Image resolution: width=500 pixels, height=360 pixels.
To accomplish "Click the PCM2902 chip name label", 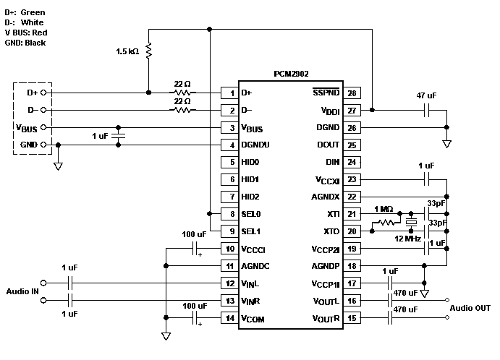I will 295,74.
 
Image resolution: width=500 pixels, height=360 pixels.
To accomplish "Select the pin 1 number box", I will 230,93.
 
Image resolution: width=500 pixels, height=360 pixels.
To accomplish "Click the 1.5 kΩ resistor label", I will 128,52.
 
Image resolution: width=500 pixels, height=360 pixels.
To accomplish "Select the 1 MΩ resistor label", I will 384,210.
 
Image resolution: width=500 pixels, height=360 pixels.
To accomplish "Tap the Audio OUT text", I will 470,308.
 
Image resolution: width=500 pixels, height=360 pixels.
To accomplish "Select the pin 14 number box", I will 230,318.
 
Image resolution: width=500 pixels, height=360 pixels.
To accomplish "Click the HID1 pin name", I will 250,179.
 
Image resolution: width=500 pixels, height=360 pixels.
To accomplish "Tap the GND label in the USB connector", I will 28,145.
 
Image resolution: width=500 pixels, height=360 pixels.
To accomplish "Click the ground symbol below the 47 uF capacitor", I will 446,144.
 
